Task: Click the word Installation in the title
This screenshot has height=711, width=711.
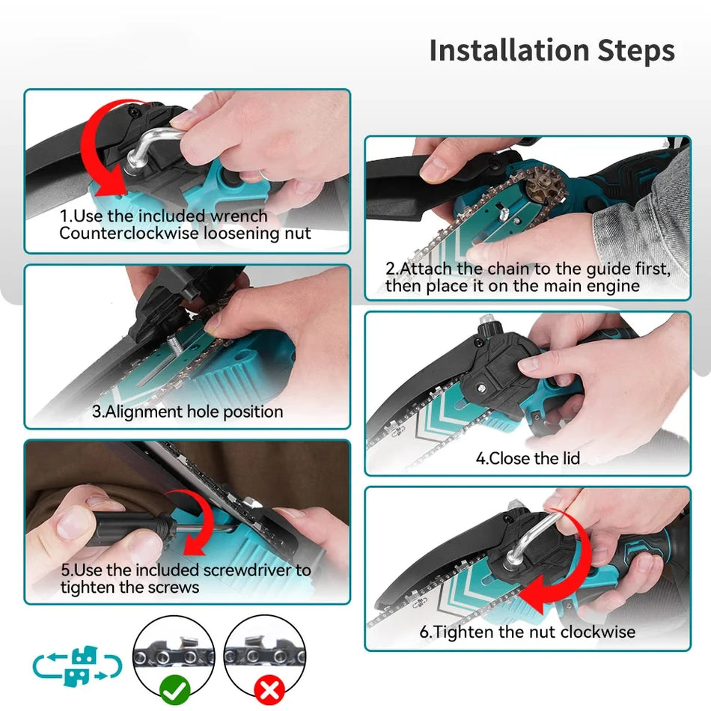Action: [509, 50]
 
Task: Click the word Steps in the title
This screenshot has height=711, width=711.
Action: [635, 50]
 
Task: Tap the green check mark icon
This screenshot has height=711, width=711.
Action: [175, 690]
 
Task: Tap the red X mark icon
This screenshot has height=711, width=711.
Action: [269, 691]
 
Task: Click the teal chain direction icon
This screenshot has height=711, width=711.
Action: [77, 665]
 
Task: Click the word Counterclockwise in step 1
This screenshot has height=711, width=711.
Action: [129, 234]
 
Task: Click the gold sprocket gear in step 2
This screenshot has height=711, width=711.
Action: [545, 187]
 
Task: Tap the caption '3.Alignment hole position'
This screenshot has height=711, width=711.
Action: [187, 412]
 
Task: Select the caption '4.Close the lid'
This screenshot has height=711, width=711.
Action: [528, 459]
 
